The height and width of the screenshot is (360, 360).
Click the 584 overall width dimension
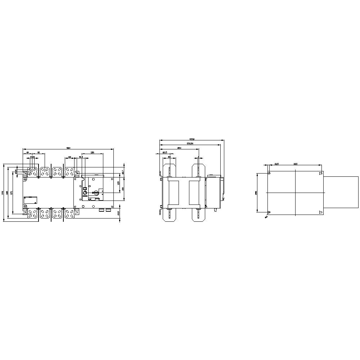(x=68, y=147)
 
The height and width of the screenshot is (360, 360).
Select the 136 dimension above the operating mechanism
(x=93, y=152)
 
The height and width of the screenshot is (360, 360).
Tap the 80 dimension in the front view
(x=39, y=152)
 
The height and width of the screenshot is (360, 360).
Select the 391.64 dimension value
(x=190, y=143)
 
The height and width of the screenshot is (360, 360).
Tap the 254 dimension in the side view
(x=179, y=148)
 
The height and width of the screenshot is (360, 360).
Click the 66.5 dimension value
(x=165, y=152)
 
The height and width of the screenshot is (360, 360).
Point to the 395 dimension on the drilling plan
(x=295, y=164)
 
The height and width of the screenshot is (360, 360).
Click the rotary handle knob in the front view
(x=85, y=193)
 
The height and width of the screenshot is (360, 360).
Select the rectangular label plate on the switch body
(x=30, y=201)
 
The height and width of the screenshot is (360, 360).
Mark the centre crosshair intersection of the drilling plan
(x=295, y=193)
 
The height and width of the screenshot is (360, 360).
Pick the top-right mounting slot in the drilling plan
(x=321, y=174)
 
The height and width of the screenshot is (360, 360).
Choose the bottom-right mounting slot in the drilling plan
(x=321, y=212)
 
